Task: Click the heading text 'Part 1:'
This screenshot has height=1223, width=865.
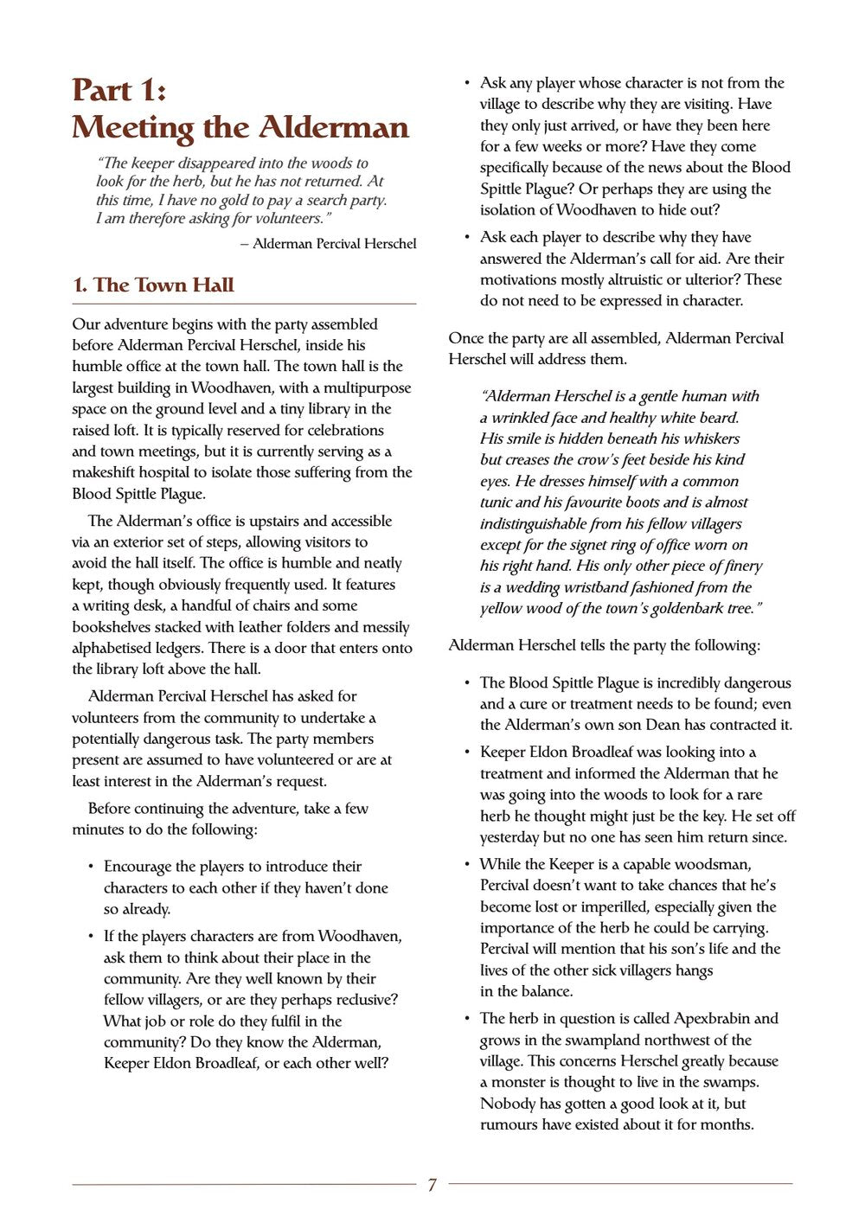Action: click(119, 90)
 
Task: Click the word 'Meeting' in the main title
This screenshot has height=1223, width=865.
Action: click(132, 128)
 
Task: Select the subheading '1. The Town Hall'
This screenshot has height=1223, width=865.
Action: click(153, 285)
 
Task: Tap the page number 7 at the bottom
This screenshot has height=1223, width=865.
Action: click(432, 1185)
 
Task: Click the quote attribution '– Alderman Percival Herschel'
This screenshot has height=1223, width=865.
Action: click(329, 244)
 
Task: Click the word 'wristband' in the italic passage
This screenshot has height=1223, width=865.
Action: click(580, 587)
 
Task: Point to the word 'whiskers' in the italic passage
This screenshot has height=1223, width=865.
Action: click(711, 439)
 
